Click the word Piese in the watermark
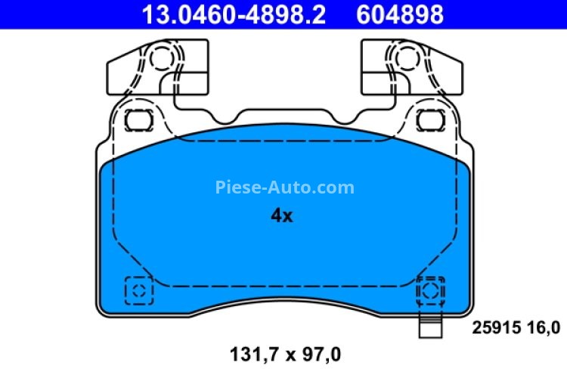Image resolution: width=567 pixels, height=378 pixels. click(x=239, y=187)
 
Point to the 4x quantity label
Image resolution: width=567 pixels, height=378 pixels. click(x=281, y=216)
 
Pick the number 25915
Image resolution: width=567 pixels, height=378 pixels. click(x=496, y=327)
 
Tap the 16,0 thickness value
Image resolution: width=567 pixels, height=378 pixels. click(x=544, y=327)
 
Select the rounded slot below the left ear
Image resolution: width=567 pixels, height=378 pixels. click(x=138, y=119)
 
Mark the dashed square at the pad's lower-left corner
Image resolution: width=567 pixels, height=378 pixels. click(x=138, y=290)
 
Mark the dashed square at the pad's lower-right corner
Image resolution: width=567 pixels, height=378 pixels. click(x=429, y=290)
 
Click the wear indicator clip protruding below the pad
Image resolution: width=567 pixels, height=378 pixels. click(x=429, y=328)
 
